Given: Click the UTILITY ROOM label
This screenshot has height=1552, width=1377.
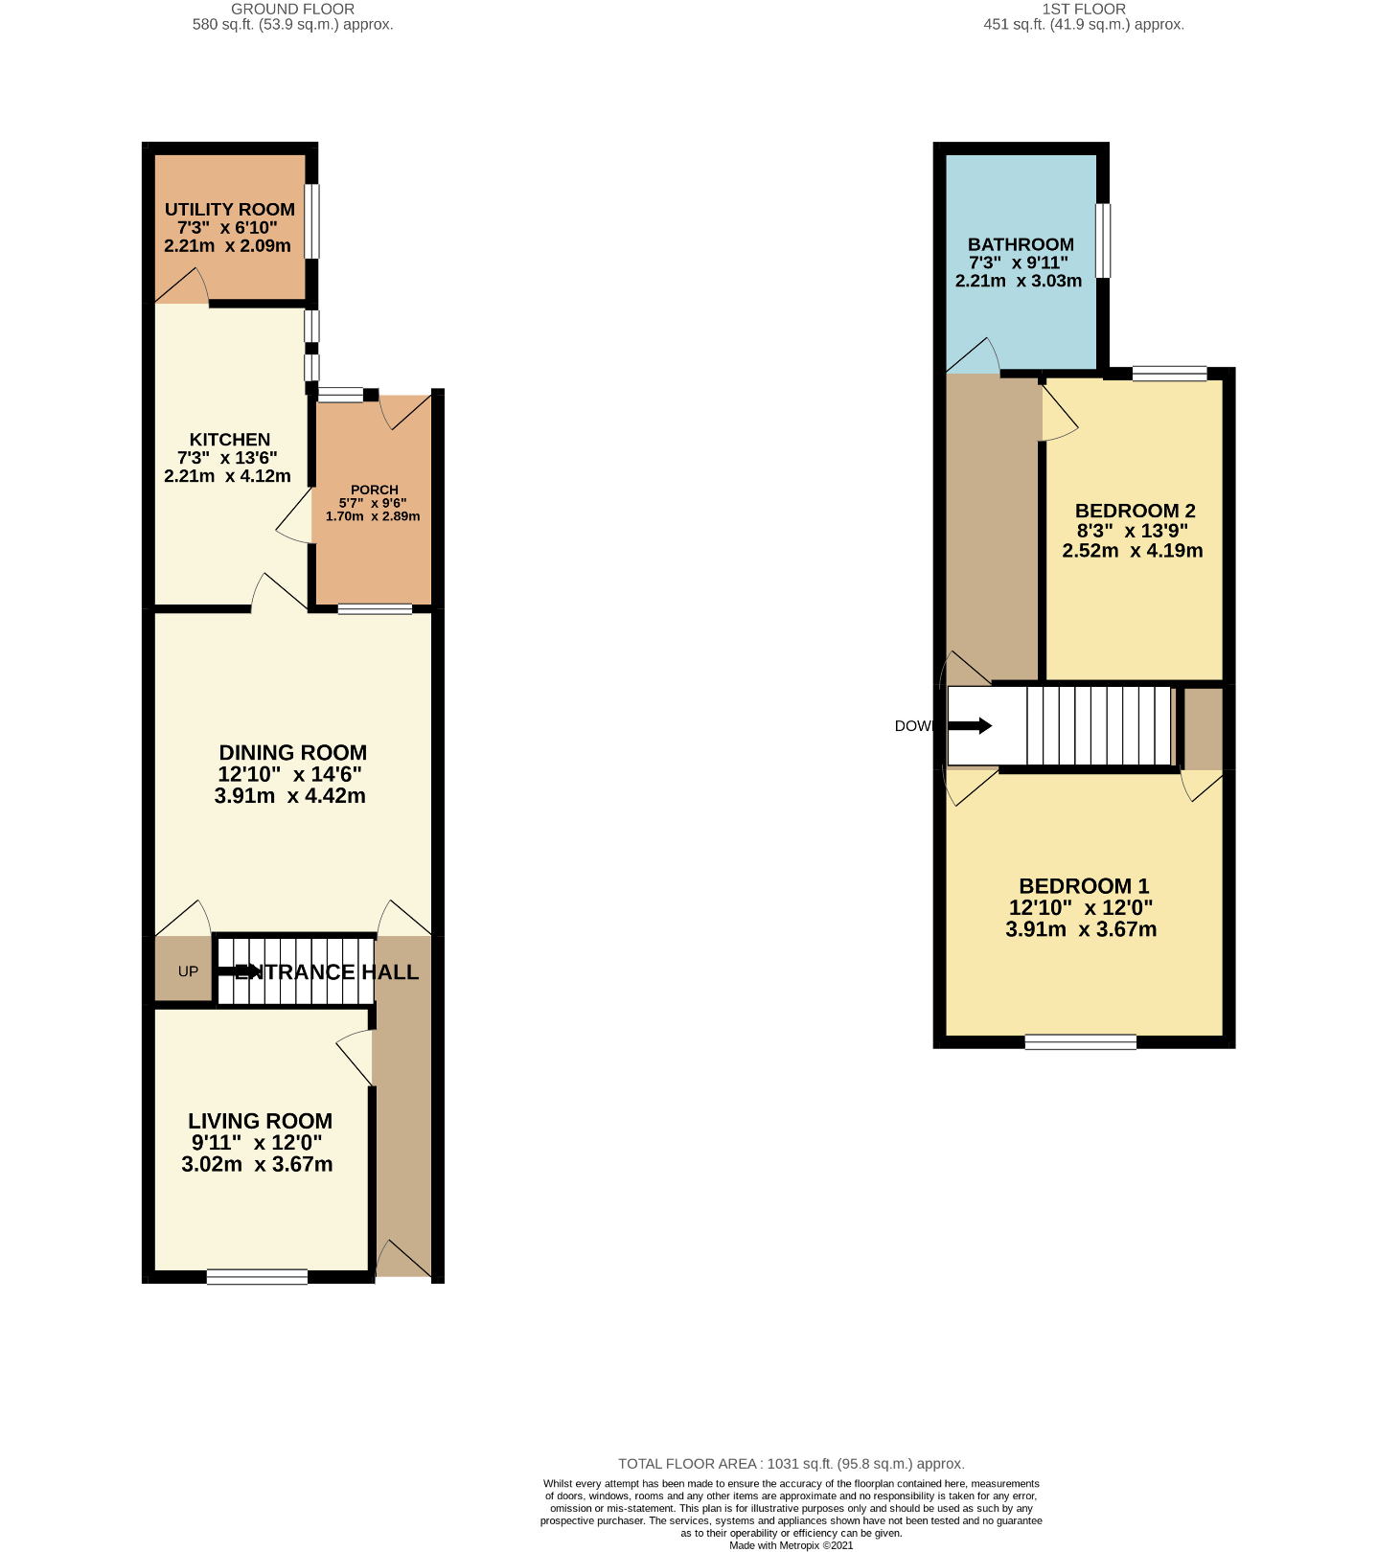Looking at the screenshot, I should point(230,210).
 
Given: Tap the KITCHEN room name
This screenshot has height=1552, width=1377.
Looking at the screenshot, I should point(230,440).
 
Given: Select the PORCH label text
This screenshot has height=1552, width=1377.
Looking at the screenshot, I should point(374,490).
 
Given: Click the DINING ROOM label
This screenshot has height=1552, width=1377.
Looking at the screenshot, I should point(292,753).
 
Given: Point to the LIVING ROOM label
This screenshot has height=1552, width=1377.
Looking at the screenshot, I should point(260,1121).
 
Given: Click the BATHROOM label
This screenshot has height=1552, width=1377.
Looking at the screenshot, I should point(1021,244).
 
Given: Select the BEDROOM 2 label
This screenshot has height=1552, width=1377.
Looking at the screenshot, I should point(1135,511).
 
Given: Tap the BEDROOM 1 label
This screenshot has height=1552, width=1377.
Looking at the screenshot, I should point(1084,886).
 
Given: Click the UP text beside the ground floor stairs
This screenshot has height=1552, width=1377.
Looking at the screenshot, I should point(188,971).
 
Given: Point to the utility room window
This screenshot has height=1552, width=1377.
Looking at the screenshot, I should point(312,221).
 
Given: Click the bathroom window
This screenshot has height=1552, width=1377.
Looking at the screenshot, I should point(1103,240).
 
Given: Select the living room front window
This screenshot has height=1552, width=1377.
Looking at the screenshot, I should point(257,1277).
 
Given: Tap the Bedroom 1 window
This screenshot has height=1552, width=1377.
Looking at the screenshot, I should point(1080,1042).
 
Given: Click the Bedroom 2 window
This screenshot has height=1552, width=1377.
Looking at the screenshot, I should point(1169,374).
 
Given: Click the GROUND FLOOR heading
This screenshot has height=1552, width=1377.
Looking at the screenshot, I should point(292,9).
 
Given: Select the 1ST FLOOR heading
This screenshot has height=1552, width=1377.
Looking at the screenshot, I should point(1084,9).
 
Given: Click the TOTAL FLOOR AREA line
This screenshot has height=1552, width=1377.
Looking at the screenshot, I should point(791,1464).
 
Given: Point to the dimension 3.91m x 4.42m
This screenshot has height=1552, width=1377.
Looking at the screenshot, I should point(290,796).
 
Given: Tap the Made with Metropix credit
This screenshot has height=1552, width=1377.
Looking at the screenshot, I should point(791,1545).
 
